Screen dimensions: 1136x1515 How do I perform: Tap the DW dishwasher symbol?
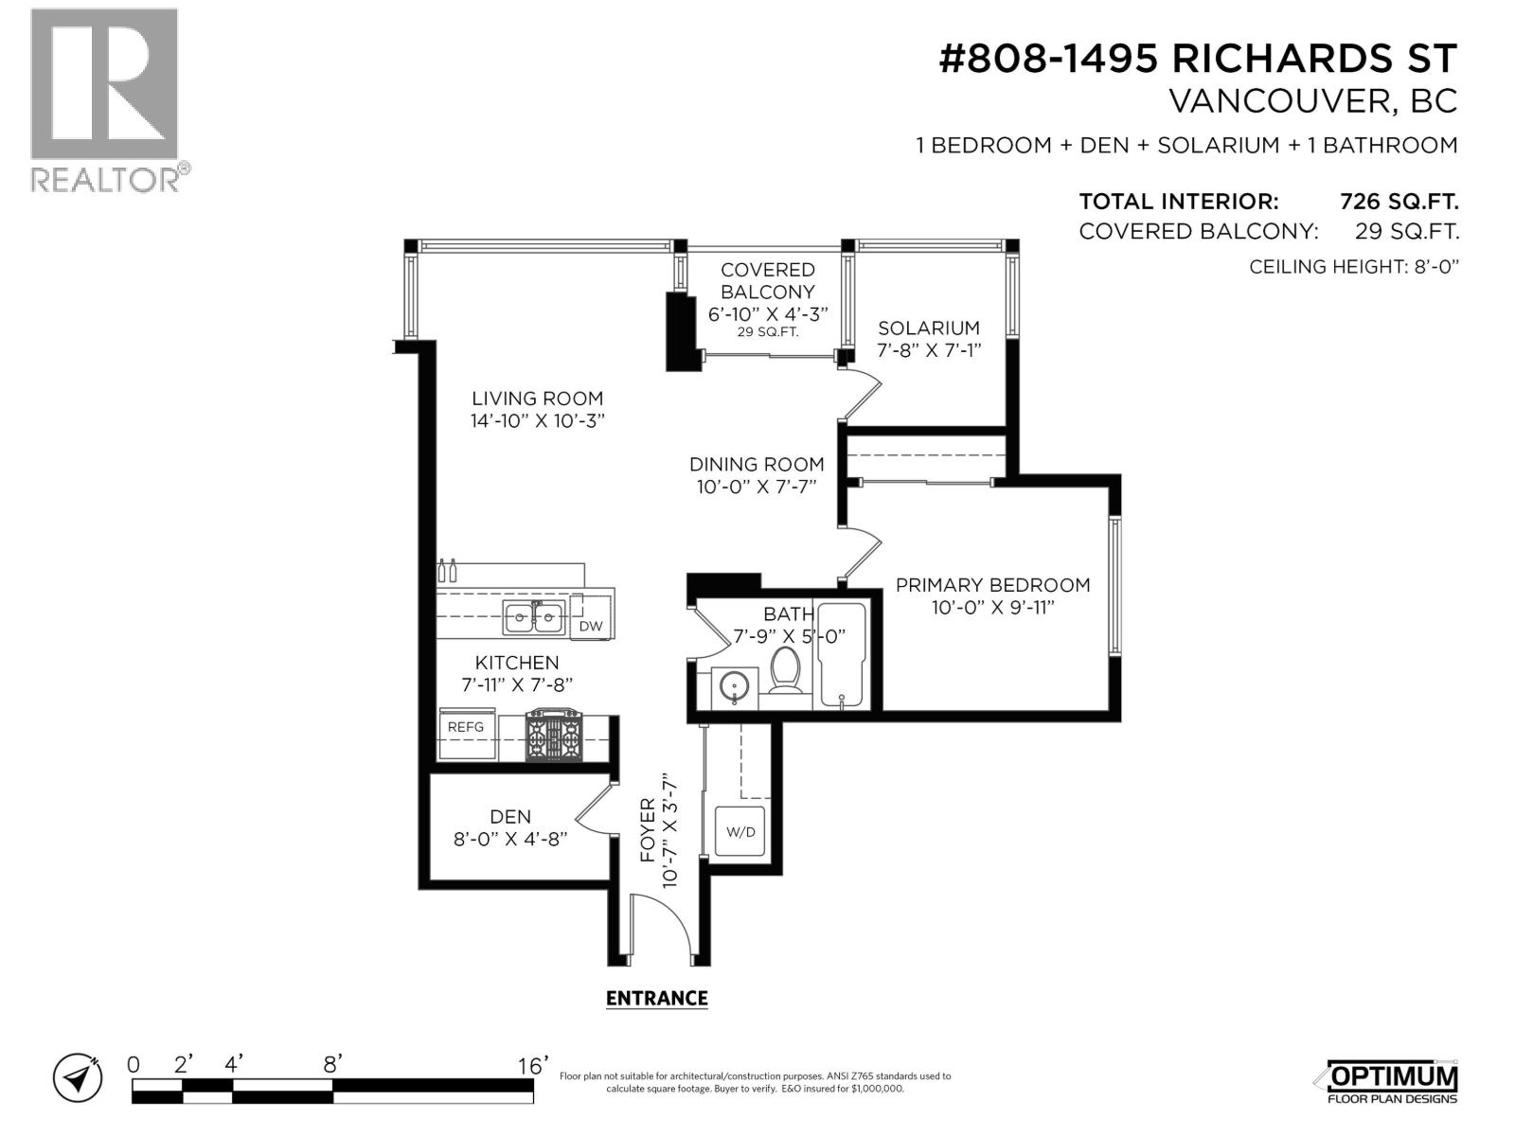(590, 626)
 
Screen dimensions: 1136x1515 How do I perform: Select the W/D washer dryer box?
(740, 832)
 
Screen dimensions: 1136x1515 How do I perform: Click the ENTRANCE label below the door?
(656, 998)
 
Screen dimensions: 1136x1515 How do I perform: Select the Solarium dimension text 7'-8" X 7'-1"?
(928, 349)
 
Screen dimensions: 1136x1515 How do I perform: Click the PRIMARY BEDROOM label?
(992, 585)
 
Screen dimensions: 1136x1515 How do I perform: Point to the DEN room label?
(510, 816)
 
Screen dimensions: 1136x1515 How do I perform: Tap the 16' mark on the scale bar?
(533, 1066)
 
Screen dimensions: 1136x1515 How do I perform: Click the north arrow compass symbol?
(78, 1077)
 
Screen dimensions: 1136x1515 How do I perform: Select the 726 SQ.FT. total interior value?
(1399, 202)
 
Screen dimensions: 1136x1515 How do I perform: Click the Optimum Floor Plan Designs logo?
(1391, 1081)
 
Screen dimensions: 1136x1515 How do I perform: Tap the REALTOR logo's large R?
(104, 83)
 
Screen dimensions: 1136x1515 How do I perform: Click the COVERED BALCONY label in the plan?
(767, 281)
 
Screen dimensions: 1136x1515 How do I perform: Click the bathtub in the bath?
(842, 653)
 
